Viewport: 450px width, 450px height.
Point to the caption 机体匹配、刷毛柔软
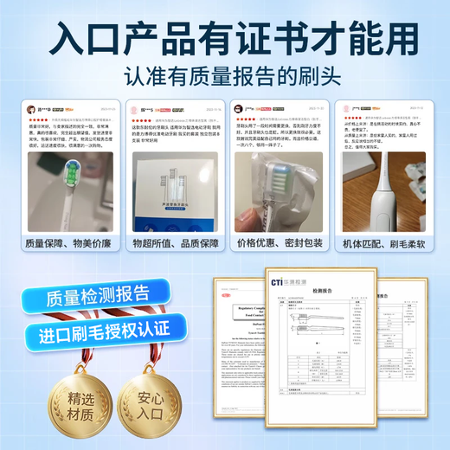[x=381, y=243]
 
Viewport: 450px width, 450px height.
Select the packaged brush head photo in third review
[x=278, y=195]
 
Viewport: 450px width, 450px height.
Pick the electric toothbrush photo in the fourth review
[x=381, y=195]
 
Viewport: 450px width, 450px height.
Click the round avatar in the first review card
[x=31, y=110]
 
